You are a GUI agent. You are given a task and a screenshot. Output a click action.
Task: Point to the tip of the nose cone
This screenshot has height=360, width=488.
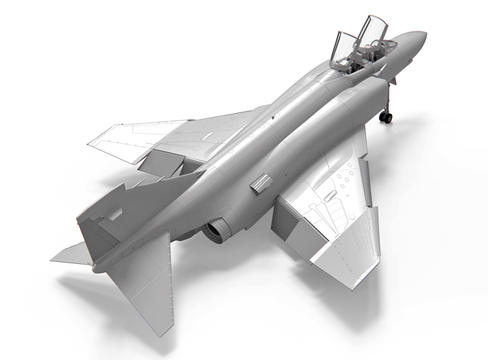point(424,34)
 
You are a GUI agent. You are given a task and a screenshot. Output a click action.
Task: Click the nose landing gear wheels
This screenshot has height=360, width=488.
point(386,117)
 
